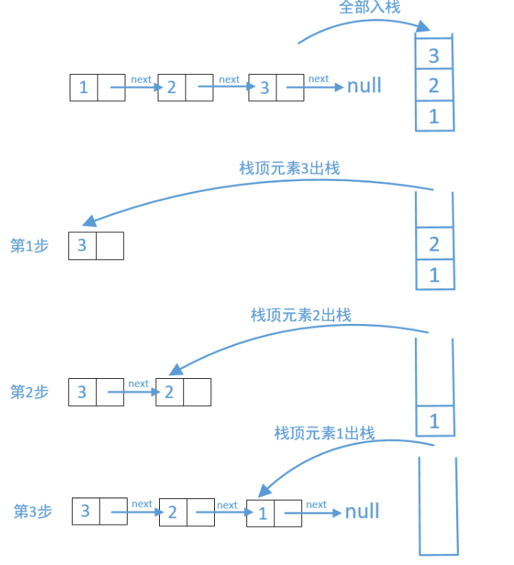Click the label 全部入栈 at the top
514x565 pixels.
pos(370,7)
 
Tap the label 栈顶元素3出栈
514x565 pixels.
pos(290,169)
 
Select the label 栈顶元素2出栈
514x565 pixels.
pos(301,315)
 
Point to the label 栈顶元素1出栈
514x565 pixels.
pos(324,433)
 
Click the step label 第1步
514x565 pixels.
pos(29,245)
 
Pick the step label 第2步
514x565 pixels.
pos(29,392)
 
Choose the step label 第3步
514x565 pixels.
pos(33,512)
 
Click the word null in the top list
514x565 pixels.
pos(364,86)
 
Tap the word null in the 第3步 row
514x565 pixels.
pos(362,511)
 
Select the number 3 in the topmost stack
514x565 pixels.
pos(434,56)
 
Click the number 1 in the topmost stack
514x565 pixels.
pos(434,117)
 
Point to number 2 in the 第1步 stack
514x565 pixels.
pos(434,244)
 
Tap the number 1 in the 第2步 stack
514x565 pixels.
pos(434,421)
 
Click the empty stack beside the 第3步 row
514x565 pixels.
pos(420,504)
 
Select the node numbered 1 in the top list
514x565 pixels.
pos(98,87)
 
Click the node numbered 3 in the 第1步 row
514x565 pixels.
pos(96,245)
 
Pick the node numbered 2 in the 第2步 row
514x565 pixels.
pos(183,392)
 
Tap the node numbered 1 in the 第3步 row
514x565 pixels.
pos(274,513)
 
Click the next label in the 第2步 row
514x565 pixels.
pos(139,383)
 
